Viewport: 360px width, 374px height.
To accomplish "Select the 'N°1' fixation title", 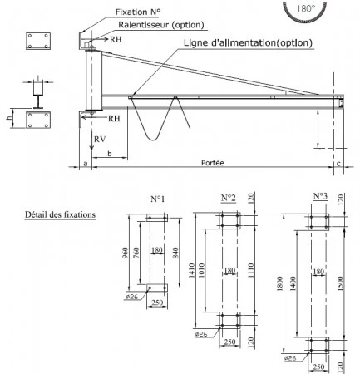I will (157, 199).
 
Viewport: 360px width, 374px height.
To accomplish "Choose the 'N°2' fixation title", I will (228, 198).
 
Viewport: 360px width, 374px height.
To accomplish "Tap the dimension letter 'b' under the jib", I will (109, 155).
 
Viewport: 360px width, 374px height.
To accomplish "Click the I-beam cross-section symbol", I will (39, 97).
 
